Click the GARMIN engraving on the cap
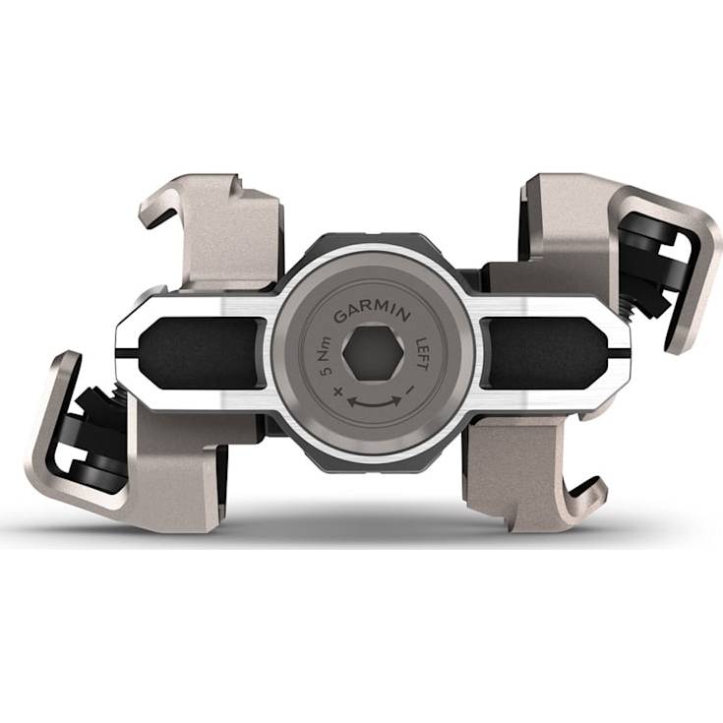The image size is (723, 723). pyautogui.click(x=372, y=314)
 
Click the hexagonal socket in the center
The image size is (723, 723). pyautogui.click(x=373, y=353)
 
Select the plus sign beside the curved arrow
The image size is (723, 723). pyautogui.click(x=338, y=392)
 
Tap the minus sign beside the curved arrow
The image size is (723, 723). pyautogui.click(x=410, y=391)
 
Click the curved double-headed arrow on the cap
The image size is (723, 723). pyautogui.click(x=374, y=401)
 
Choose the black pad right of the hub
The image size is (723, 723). pyautogui.click(x=544, y=353)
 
